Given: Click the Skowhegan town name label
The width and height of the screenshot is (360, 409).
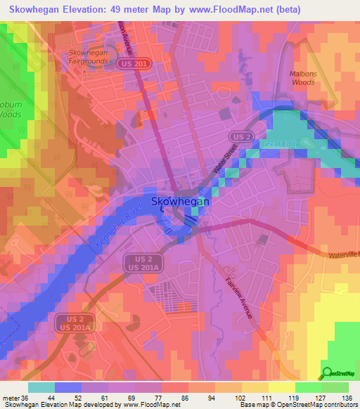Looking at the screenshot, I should click(x=179, y=202).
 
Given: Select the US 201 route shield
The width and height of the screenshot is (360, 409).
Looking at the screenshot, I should click(x=143, y=63).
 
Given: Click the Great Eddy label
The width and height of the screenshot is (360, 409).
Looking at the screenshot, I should click(x=281, y=143).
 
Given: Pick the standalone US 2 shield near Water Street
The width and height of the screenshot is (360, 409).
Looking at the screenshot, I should click(x=241, y=137).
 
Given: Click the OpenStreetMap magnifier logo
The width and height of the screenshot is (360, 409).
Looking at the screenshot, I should click(x=327, y=374).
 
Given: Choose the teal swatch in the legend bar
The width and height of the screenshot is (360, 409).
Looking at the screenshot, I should click(x=41, y=387).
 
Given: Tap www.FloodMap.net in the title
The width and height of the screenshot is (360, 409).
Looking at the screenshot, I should click(x=224, y=10).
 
